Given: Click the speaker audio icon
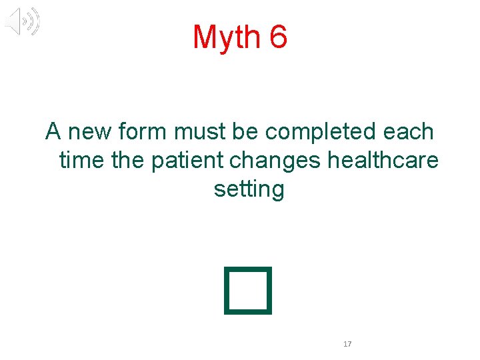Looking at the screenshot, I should coord(22,22).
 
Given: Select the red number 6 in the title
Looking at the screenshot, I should coord(279,37).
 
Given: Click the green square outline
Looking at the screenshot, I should coord(249,290).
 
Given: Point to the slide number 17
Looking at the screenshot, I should coord(347,344).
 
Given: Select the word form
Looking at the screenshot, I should coord(144,132).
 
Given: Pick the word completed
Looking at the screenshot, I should coord(321,132).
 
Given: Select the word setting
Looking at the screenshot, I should coord(249,190).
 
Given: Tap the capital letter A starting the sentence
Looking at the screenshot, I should coord(53,132).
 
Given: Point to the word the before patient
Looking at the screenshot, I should coord(132,161).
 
